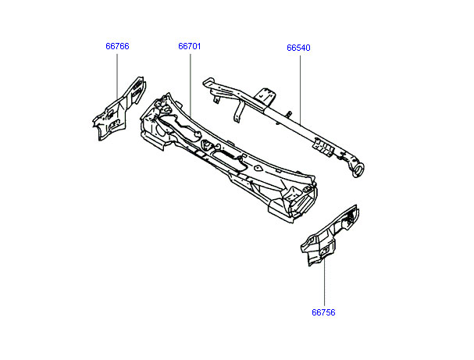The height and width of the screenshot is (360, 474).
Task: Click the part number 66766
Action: pos(117,46)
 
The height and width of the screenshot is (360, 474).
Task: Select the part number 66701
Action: pos(190,46)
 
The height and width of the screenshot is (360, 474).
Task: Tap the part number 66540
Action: pos(298,48)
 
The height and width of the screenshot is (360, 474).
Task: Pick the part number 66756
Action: pos(323,312)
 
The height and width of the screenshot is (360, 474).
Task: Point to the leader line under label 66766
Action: pos(117,77)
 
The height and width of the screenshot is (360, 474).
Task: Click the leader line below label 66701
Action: pos(191,86)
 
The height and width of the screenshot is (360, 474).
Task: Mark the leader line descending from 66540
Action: pos(300,90)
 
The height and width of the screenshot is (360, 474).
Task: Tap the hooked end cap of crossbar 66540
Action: pos(208,82)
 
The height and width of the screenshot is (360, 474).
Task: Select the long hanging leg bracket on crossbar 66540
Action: pos(239,111)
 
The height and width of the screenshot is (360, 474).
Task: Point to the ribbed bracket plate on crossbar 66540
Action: pos(323,147)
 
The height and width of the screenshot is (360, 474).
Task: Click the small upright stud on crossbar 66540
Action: pos(289,115)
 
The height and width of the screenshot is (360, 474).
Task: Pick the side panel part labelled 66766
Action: pos(119,109)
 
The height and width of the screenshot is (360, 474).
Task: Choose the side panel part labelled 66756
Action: pos(330,235)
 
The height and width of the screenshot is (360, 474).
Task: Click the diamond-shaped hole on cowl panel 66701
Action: pos(257,167)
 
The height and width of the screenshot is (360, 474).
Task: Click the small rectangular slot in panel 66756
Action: pos(326,250)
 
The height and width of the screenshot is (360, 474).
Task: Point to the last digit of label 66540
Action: pos(308,48)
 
